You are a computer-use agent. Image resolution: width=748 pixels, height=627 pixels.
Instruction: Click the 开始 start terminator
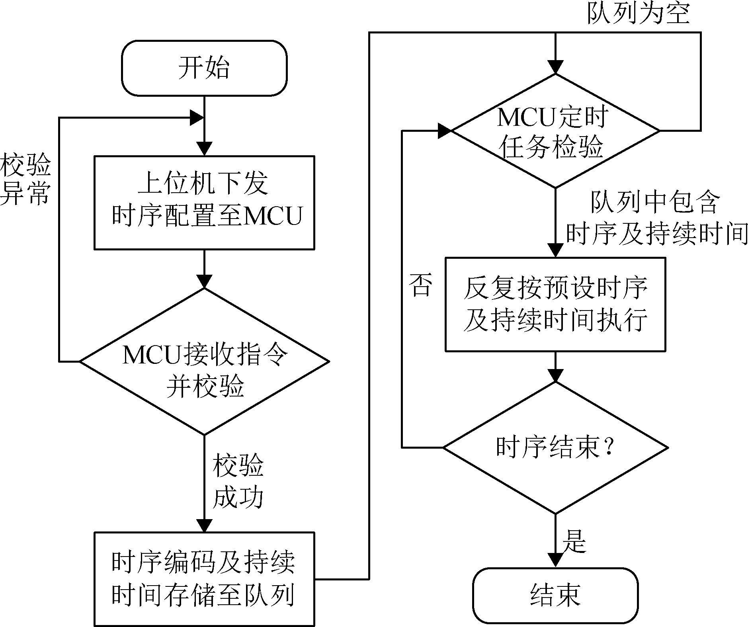[x=204, y=68]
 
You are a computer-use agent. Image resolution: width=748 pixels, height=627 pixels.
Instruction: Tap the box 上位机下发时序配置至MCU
[x=204, y=203]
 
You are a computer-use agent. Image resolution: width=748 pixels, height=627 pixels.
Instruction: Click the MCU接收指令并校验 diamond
[x=204, y=361]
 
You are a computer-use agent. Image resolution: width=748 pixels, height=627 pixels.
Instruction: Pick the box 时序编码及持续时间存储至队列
[x=204, y=579]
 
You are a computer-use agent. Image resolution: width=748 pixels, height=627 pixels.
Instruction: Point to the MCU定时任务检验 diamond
[x=555, y=131]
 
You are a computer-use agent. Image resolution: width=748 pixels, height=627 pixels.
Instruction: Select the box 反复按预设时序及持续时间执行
[x=555, y=305]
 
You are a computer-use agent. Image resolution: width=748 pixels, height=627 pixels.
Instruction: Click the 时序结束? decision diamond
[x=555, y=447]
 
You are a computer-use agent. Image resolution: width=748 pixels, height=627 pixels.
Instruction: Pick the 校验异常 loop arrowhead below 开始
[x=197, y=117]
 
